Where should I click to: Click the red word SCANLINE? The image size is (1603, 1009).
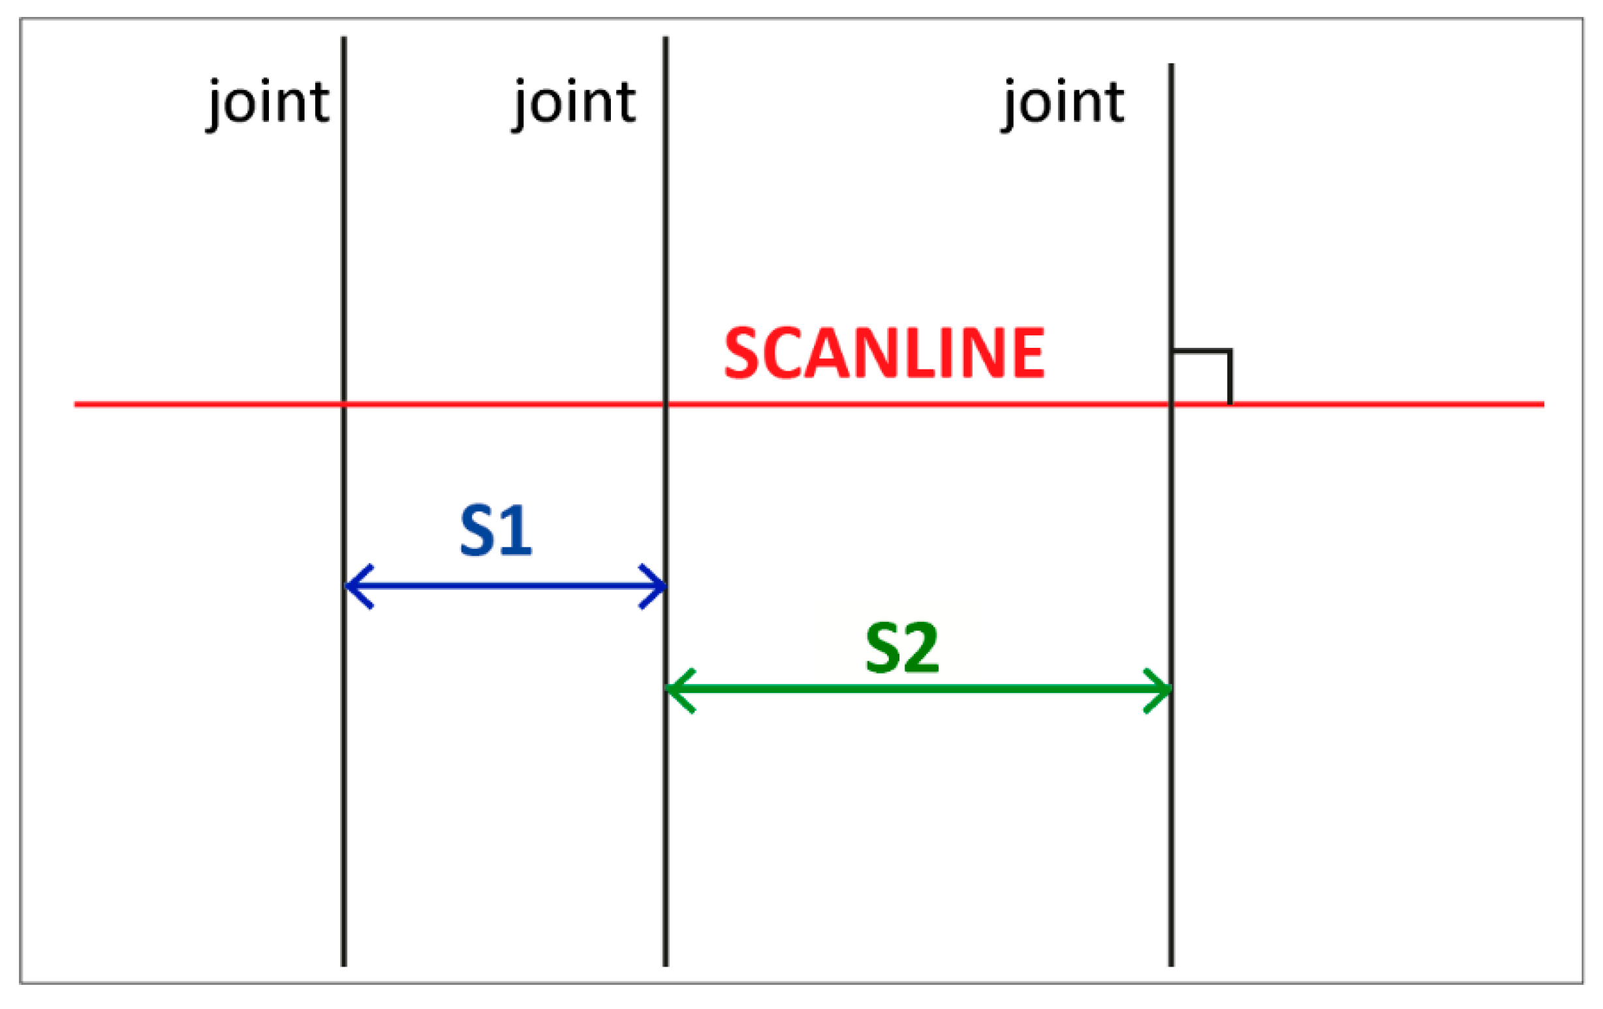coord(884,354)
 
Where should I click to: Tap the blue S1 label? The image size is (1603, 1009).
coord(496,531)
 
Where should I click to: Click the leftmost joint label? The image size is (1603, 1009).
coord(268,103)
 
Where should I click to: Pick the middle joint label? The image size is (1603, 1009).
coord(574,103)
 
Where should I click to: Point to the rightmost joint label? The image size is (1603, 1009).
coord(1063,103)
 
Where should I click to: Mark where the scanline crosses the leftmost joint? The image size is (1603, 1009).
coord(343,404)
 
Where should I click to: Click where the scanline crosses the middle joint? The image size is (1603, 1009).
coord(666,404)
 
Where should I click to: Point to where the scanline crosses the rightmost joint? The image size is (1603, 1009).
coord(1172,404)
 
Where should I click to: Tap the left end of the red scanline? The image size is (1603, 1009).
coord(76,404)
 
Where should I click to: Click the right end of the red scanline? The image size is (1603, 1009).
coord(1542,404)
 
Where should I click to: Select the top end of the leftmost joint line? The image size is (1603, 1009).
coord(343,39)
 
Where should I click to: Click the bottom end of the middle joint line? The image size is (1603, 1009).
coord(666,964)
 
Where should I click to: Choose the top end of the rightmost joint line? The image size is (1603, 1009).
coord(1172,66)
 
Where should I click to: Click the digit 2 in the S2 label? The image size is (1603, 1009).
coord(922,649)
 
